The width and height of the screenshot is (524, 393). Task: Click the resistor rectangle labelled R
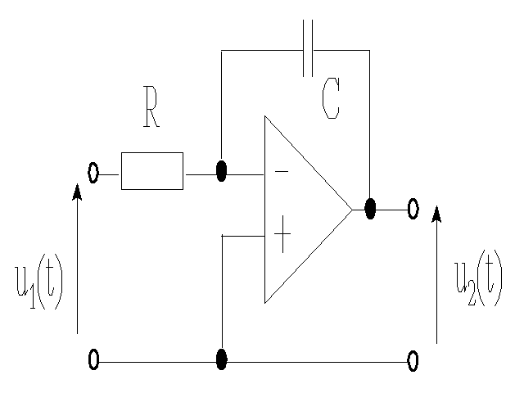tap(151, 171)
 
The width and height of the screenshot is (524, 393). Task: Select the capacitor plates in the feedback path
tap(308, 50)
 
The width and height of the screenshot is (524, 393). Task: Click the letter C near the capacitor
tap(331, 101)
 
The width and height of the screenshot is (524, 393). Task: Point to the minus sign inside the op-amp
tap(281, 172)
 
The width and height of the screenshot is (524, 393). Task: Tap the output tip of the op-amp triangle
tap(351, 210)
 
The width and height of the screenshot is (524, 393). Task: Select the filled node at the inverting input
tap(221, 173)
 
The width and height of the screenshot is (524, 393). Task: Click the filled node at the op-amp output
tap(370, 209)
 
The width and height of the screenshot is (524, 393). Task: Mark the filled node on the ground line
tap(221, 359)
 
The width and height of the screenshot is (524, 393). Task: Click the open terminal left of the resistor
tap(93, 173)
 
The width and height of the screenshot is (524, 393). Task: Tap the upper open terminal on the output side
tap(413, 209)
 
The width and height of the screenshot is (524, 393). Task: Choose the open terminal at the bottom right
tap(413, 360)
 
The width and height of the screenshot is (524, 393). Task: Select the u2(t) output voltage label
tap(478, 279)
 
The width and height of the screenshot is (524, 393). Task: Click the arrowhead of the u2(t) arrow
tap(436, 214)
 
